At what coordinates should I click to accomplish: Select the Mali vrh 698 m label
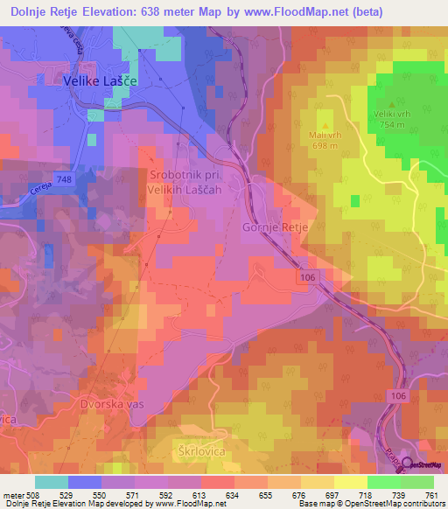point(324,140)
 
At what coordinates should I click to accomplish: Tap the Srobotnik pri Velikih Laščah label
point(184,182)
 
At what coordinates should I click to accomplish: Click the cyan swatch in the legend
point(52,482)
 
